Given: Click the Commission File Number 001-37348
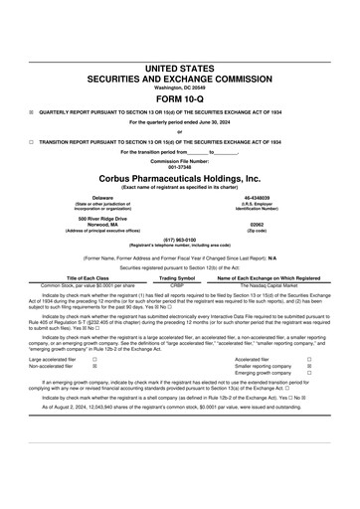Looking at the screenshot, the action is tap(179, 166).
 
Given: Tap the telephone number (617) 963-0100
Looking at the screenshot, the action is tap(179, 240).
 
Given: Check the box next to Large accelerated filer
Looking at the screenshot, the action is tap(94, 358).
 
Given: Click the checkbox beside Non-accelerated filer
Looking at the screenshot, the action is tap(94, 366).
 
